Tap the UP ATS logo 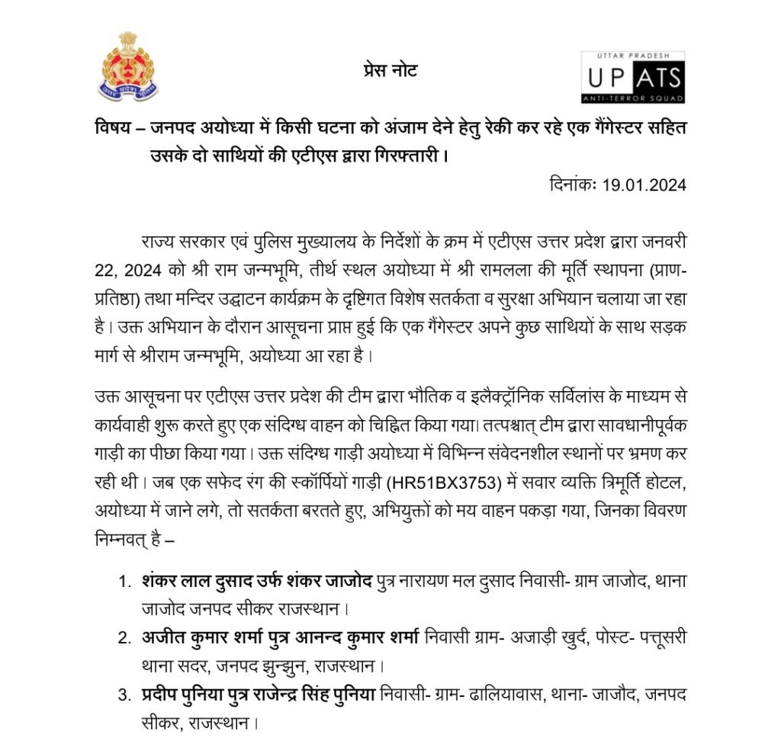(632, 77)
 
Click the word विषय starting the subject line (114, 126)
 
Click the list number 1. (124, 582)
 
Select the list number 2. (124, 637)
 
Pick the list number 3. (124, 694)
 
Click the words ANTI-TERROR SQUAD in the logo (632, 98)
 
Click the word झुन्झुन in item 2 (317, 666)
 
